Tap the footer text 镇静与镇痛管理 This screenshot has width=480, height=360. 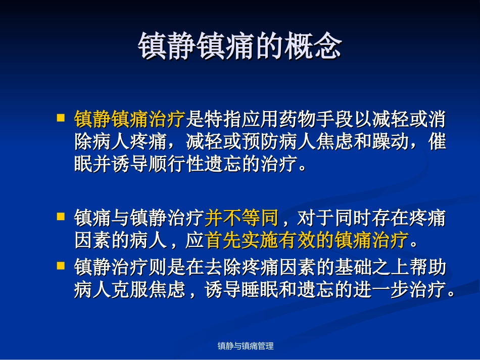246,346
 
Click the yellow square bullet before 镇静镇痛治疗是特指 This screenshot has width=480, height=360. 61,118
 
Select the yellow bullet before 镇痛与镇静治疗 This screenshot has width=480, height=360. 61,217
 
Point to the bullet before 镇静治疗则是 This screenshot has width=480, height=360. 61,265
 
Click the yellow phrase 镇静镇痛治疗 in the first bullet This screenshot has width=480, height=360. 130,119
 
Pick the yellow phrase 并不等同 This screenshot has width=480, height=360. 242,218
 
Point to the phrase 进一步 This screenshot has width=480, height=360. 389,290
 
